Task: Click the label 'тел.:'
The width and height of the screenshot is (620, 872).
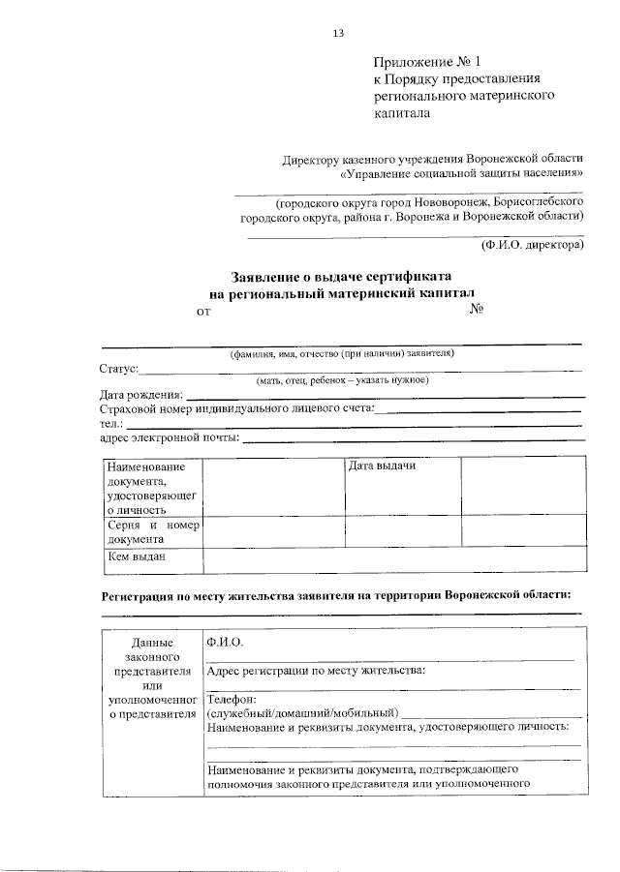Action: pos(110,423)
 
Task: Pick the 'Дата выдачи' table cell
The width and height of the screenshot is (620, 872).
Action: pos(382,466)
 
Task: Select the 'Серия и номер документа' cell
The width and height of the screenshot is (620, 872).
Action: pos(152,531)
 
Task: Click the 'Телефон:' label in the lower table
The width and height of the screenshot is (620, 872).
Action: pos(232,699)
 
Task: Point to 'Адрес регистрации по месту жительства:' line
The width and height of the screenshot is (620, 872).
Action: pos(316,670)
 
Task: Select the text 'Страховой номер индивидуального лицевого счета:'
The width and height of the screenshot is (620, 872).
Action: pos(236,408)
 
